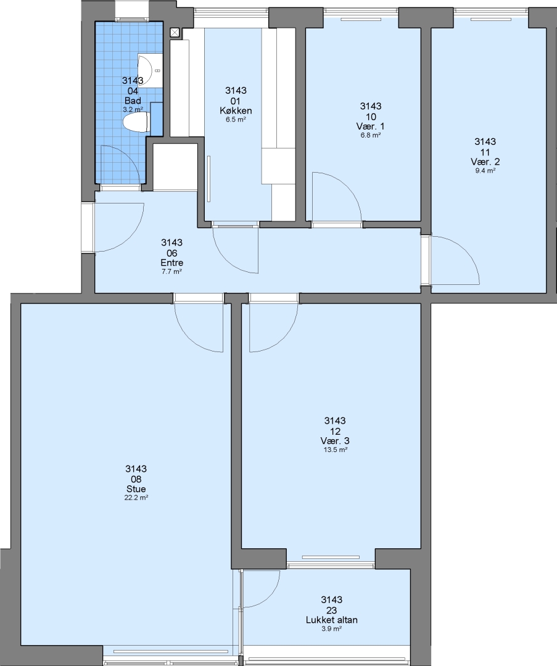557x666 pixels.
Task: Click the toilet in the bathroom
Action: coord(135,122)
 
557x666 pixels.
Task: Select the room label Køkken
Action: coord(236,110)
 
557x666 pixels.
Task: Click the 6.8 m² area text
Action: coord(370,136)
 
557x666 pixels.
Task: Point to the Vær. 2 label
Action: coord(485,162)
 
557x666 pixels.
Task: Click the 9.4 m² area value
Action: coord(485,171)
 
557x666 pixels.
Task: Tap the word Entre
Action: coord(171,263)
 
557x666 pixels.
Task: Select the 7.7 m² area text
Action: coord(171,272)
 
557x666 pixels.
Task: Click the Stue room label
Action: coord(136,489)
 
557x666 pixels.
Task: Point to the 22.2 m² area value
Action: coord(136,498)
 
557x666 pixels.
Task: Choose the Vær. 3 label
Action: coord(335,441)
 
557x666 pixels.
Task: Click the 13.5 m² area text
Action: coord(335,450)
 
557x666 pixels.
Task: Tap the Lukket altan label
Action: coord(332,620)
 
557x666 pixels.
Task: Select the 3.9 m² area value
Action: coord(332,629)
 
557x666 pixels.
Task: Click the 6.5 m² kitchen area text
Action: coord(236,120)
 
